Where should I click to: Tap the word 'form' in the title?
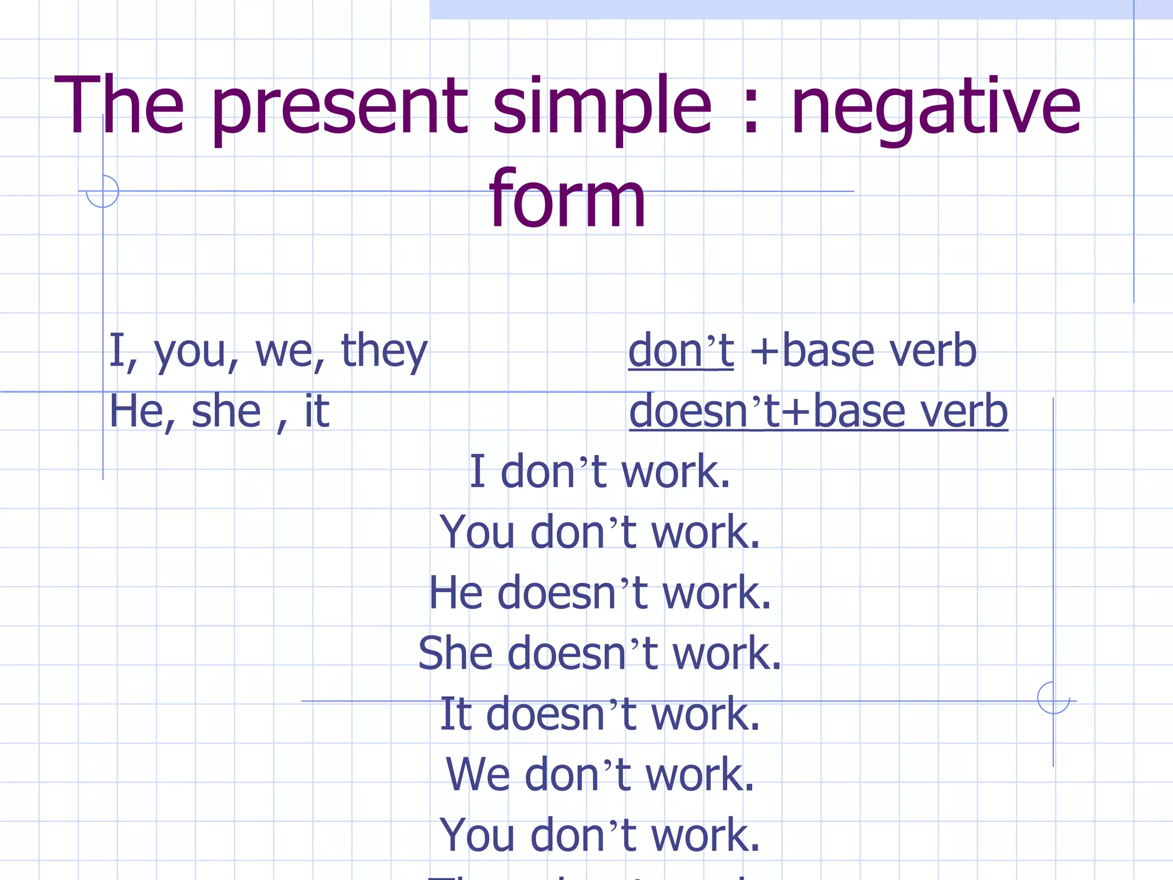(x=568, y=200)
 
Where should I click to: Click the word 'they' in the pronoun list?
(x=384, y=351)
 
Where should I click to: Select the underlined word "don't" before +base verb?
(x=680, y=351)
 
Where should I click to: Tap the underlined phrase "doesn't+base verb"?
(x=818, y=411)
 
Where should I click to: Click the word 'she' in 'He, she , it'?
(x=226, y=411)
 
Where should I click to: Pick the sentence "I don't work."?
(x=600, y=472)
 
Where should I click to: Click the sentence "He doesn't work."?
(x=600, y=593)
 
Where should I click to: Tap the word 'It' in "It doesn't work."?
(x=456, y=714)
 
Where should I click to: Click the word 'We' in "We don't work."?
(x=477, y=775)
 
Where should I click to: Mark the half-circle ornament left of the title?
(x=103, y=192)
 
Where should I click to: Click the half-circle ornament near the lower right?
(x=1053, y=698)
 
